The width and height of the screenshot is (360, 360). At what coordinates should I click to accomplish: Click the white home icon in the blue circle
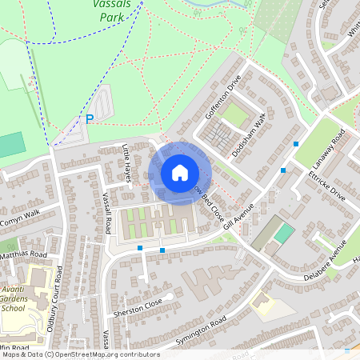click(180, 173)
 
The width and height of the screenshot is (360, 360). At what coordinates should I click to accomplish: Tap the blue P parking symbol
click(90, 119)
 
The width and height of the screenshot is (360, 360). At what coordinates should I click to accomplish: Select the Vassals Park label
click(111, 10)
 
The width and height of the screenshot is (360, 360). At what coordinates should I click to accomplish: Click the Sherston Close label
click(138, 307)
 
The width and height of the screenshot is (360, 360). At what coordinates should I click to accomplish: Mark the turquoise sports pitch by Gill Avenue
click(284, 234)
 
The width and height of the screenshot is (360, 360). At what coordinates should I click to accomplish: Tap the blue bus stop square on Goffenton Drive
click(296, 144)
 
